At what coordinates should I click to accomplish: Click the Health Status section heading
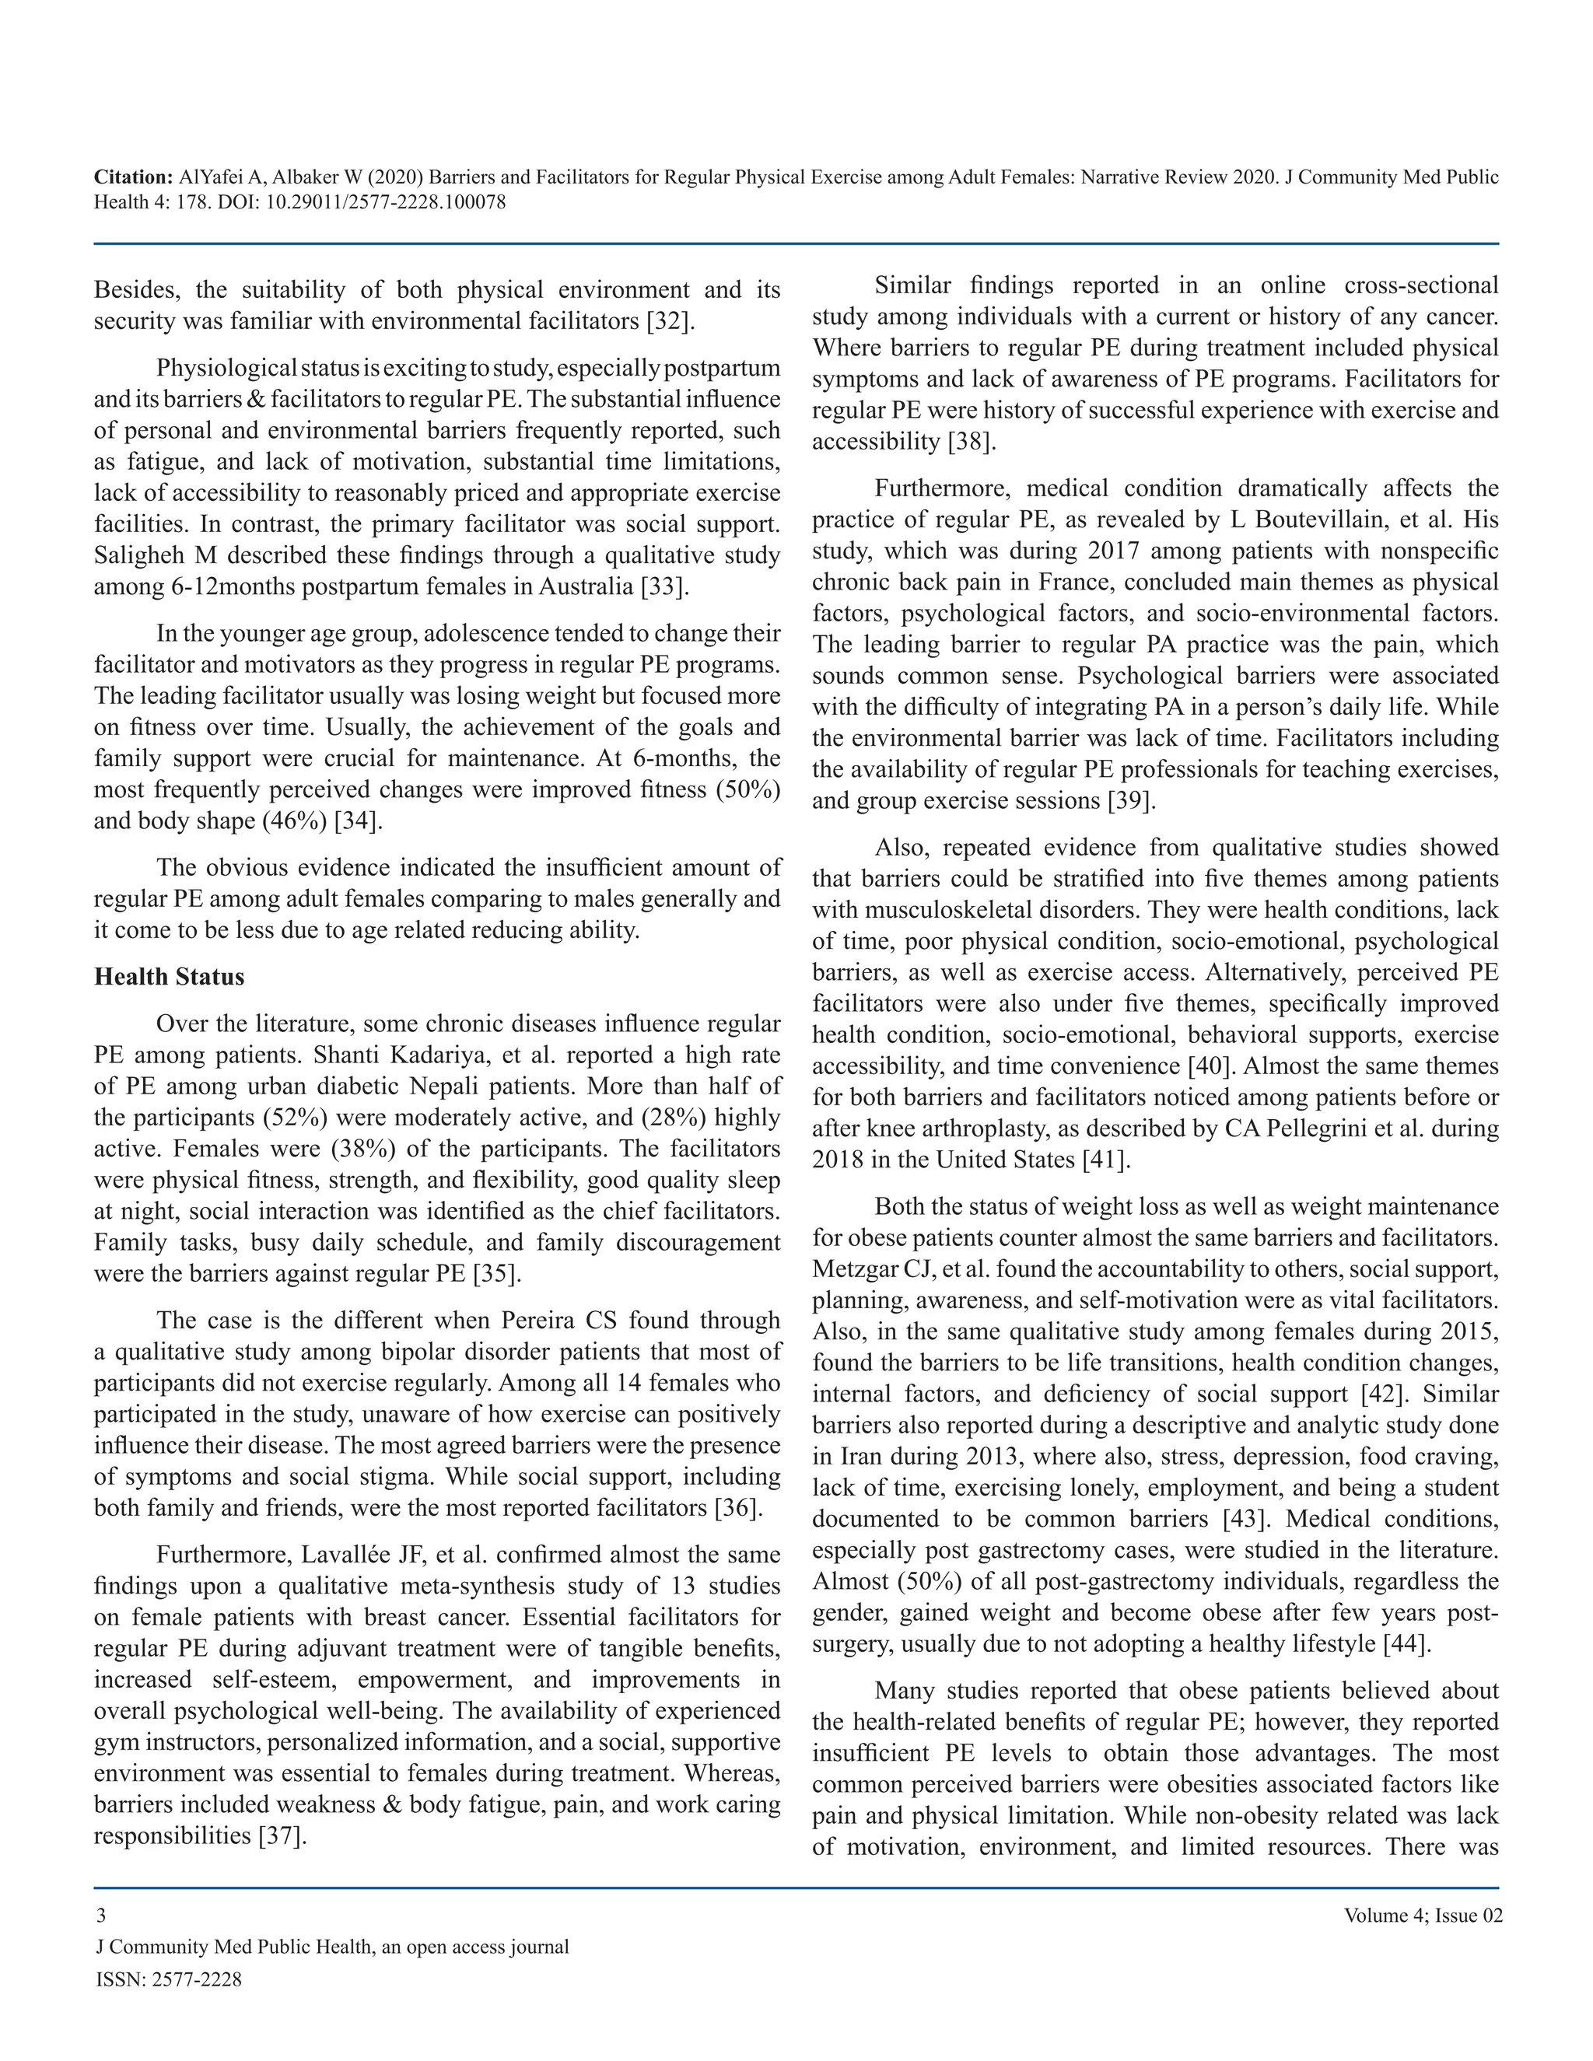point(169,977)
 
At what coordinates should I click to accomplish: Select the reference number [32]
point(671,321)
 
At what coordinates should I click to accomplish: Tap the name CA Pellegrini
point(1317,1128)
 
